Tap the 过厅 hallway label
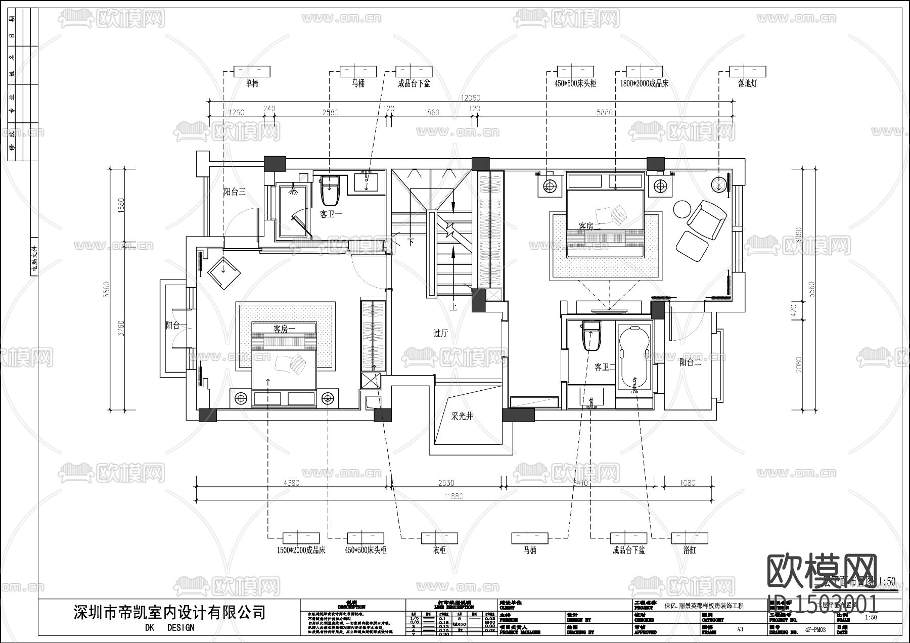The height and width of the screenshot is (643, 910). (440, 333)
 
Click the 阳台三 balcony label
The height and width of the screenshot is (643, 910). (235, 192)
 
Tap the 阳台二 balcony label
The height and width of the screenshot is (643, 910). (690, 362)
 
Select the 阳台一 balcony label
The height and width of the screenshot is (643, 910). (176, 325)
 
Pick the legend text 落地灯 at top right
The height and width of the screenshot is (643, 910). (747, 83)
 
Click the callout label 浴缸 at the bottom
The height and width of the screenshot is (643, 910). (689, 550)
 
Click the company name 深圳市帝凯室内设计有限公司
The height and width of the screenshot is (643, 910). (169, 613)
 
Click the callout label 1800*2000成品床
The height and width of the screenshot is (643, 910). (644, 83)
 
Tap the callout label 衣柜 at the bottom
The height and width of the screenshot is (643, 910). (439, 550)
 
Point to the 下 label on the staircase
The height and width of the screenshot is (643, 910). (411, 242)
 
